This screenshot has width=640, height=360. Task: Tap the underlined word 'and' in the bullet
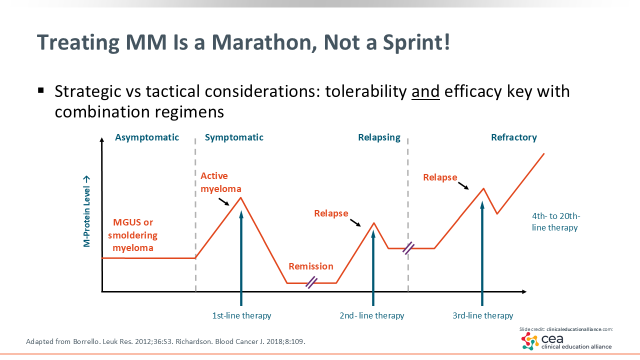(x=425, y=91)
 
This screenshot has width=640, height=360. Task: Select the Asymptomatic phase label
(x=147, y=137)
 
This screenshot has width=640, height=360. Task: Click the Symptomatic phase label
(x=234, y=137)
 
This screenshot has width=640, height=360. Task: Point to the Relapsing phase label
(x=379, y=137)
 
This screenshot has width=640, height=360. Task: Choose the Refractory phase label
(x=513, y=137)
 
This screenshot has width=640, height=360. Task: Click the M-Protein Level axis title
(x=87, y=211)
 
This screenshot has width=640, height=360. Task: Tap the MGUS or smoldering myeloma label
(x=133, y=235)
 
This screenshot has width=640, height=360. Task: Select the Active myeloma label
(x=221, y=182)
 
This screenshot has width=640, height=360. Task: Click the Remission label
(x=311, y=266)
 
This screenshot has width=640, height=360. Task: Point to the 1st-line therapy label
(x=241, y=315)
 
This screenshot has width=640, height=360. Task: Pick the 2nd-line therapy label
(x=371, y=315)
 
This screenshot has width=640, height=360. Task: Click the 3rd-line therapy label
(x=482, y=315)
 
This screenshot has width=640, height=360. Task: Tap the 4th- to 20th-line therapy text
(x=555, y=221)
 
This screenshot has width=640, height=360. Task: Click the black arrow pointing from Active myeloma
(x=224, y=201)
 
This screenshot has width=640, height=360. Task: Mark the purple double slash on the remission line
(x=311, y=282)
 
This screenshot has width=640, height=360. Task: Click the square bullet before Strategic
(x=41, y=91)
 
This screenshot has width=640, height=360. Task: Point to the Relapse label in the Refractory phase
(x=440, y=177)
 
